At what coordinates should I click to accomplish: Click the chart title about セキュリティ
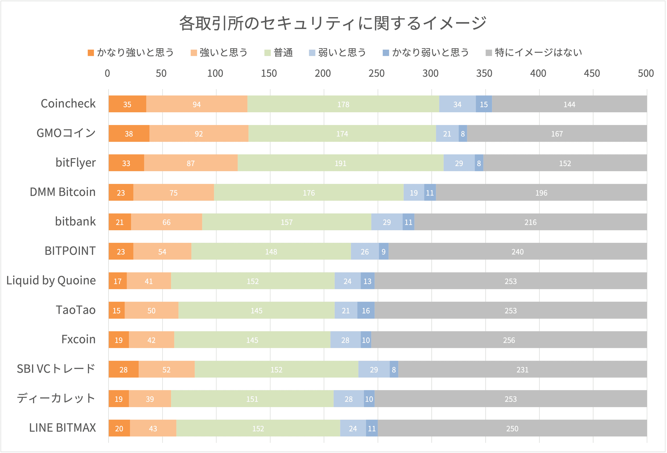tap(333, 23)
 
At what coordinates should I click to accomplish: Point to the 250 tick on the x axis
tap(376, 74)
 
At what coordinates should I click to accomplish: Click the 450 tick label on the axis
tap(592, 74)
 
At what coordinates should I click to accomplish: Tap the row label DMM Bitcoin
tap(63, 192)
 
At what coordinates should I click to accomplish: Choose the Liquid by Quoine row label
tap(51, 280)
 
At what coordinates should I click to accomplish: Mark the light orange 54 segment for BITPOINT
tap(162, 251)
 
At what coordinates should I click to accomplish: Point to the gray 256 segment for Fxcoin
tap(509, 340)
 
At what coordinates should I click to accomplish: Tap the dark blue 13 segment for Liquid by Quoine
tap(367, 281)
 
